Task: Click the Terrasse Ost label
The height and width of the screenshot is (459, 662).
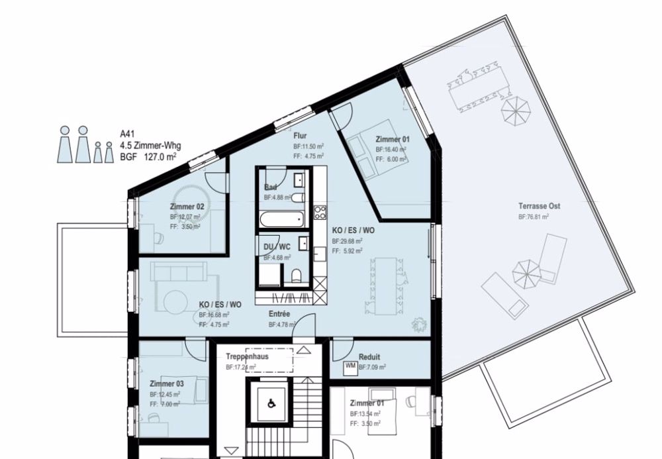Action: pos(539,207)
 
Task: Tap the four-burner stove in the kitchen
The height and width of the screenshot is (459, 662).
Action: pos(320,213)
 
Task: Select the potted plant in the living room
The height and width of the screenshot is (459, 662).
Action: pos(418,324)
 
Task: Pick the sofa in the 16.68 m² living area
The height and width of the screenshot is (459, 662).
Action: pos(179,272)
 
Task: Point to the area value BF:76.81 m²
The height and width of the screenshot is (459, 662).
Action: pos(534,217)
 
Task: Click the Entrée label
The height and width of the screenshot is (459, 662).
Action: pos(280,314)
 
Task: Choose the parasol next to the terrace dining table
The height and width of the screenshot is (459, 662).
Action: pos(515,111)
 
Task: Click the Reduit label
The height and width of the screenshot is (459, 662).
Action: pos(369,356)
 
